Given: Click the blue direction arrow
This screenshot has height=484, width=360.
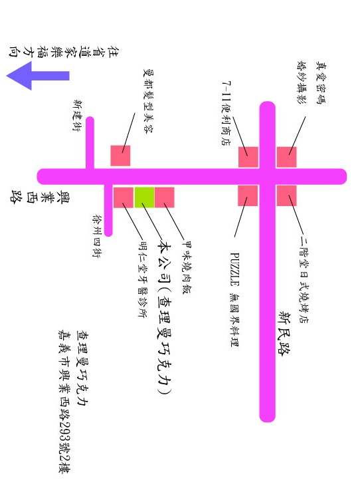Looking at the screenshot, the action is click(x=38, y=76).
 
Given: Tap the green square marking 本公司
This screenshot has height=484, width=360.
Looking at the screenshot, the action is click(x=144, y=197).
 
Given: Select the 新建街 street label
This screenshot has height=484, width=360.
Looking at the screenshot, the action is click(x=77, y=116).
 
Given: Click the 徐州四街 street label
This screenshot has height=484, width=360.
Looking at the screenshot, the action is click(x=98, y=236).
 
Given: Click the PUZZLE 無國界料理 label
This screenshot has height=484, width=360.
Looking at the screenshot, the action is click(x=234, y=299).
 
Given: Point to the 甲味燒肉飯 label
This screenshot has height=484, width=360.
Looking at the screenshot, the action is click(x=187, y=267).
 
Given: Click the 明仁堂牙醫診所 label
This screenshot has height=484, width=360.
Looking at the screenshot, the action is click(x=142, y=279).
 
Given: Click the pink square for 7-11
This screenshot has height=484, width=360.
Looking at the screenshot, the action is click(x=248, y=157).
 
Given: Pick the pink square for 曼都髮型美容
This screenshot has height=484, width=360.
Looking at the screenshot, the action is click(x=121, y=156).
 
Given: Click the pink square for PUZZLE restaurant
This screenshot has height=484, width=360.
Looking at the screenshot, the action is click(x=248, y=195).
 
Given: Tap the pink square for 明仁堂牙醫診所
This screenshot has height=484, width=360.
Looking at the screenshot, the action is click(x=124, y=197).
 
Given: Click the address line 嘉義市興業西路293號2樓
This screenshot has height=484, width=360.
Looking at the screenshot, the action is click(x=64, y=402).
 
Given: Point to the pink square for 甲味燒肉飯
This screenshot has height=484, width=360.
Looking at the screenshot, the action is click(x=165, y=197).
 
